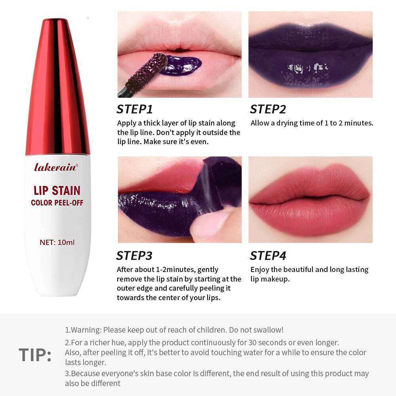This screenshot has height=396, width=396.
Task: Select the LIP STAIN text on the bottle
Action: click(57, 190)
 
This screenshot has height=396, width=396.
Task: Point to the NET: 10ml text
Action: click(57, 242)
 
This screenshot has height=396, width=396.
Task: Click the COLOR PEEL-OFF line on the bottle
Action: click(57, 203)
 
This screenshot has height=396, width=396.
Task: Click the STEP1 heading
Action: click(135, 109)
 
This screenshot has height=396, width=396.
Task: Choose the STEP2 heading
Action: click(268, 109)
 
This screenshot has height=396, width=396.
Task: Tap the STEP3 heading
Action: click(134, 256)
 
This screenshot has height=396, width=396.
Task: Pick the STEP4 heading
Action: click(268, 256)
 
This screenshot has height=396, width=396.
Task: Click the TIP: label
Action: click(35, 355)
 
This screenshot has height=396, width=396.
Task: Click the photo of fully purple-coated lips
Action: click(310, 54)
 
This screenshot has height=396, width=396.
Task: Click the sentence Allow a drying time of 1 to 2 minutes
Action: click(312, 123)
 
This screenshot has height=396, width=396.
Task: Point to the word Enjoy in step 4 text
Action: click(260, 270)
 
